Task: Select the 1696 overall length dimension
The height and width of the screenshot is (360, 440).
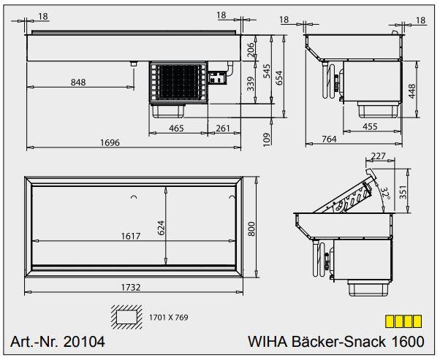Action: tap(110, 142)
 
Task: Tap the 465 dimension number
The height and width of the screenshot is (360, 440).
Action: tap(176, 129)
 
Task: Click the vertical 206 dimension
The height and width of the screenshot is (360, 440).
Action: tap(250, 50)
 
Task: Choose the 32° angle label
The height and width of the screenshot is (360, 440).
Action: tap(384, 193)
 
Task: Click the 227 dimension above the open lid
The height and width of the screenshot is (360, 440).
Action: tap(379, 156)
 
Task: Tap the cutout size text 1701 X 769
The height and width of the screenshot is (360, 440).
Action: tap(168, 318)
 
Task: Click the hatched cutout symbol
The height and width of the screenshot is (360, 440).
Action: tap(126, 317)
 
